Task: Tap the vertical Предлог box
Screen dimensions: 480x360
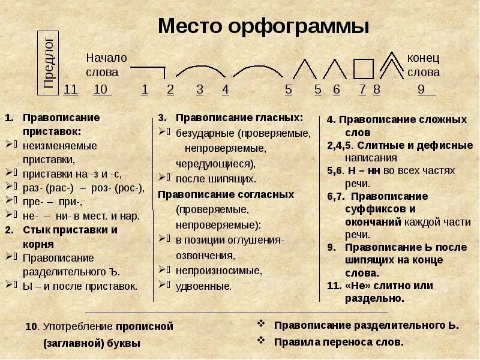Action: coord(49,62)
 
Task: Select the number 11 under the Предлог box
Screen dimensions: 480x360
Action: coord(70,89)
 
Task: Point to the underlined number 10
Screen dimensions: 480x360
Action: coord(101,89)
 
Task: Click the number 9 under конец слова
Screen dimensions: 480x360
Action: coord(421,89)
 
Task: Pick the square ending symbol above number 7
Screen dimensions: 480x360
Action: coord(363,69)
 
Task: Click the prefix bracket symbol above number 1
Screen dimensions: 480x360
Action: coord(148,71)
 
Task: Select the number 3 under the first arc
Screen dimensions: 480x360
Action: coord(200,89)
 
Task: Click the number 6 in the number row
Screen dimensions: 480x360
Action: coord(337,89)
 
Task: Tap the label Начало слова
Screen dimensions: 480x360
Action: coord(106,65)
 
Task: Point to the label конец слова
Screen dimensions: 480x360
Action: coord(424,65)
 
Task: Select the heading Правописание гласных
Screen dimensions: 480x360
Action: coord(239,117)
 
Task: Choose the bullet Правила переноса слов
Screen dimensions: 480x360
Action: coord(339,341)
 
